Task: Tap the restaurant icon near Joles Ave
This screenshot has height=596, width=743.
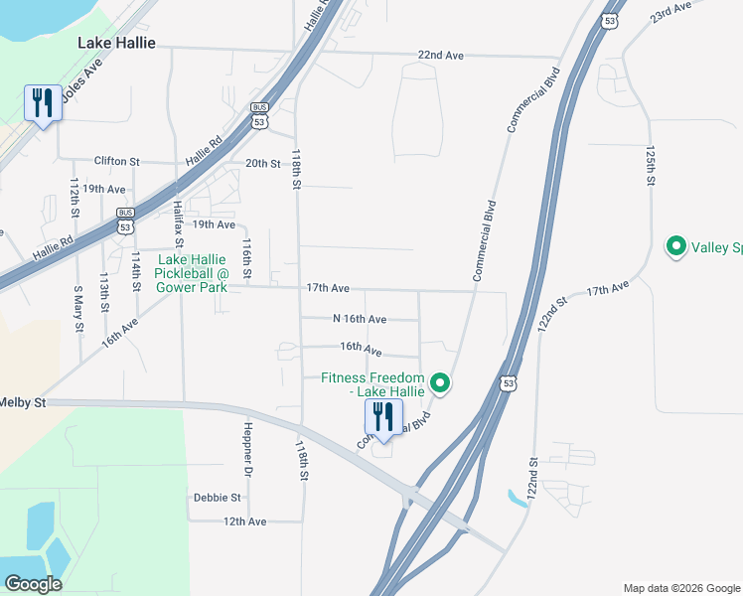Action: coord(42,102)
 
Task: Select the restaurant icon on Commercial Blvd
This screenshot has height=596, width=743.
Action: coord(383,417)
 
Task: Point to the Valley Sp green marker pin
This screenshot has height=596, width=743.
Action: coord(676,245)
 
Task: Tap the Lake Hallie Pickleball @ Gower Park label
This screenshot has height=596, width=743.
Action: coord(192,273)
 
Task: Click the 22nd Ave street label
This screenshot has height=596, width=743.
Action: coord(441,56)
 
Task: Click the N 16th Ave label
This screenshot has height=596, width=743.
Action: coord(360,319)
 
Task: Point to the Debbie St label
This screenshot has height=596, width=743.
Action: coord(218,497)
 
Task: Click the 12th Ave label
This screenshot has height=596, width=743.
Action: coord(245,521)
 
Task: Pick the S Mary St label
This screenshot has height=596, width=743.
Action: coord(78,296)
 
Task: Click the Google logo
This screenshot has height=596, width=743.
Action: coord(33,584)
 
